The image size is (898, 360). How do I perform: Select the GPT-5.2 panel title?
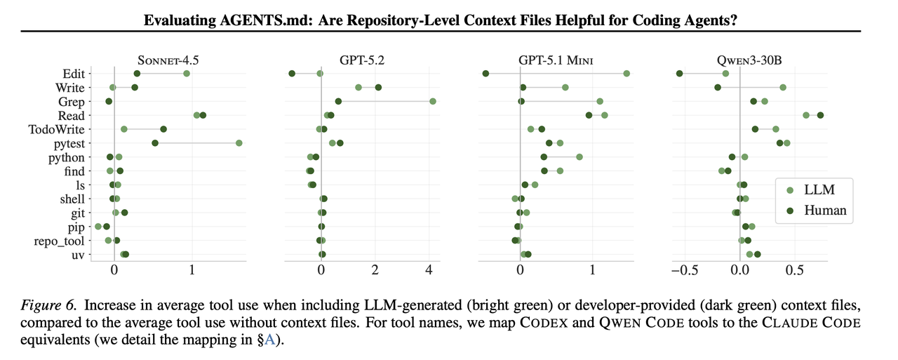(x=361, y=60)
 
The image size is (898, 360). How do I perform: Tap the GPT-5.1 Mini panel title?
(x=556, y=60)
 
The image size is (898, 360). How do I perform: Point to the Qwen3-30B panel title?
(x=750, y=60)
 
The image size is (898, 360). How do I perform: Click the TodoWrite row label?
(x=56, y=129)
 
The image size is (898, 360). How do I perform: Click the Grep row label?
(x=72, y=102)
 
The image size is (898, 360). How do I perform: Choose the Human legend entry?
(x=825, y=210)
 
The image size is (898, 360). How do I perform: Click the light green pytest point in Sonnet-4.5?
(x=239, y=143)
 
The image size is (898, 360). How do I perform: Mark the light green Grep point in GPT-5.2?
(x=433, y=102)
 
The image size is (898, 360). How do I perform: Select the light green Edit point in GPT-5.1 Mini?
(x=626, y=74)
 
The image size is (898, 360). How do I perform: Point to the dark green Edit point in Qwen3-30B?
(x=679, y=74)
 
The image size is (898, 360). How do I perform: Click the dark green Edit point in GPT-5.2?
(x=292, y=74)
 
